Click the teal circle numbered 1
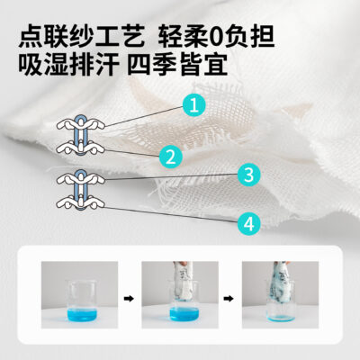(x=194, y=105)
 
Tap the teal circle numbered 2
(x=171, y=156)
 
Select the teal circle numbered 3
(x=249, y=175)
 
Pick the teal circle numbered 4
(x=249, y=224)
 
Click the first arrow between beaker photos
(x=129, y=299)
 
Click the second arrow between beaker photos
(x=229, y=299)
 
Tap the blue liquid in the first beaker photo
(x=82, y=314)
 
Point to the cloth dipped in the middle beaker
(x=183, y=282)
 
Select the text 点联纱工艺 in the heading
(x=82, y=37)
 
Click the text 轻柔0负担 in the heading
(x=216, y=37)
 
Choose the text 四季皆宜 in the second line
(x=177, y=64)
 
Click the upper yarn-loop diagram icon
(x=81, y=135)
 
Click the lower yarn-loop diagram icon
(x=81, y=190)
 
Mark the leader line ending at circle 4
(x=171, y=214)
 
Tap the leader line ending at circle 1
(x=144, y=116)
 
